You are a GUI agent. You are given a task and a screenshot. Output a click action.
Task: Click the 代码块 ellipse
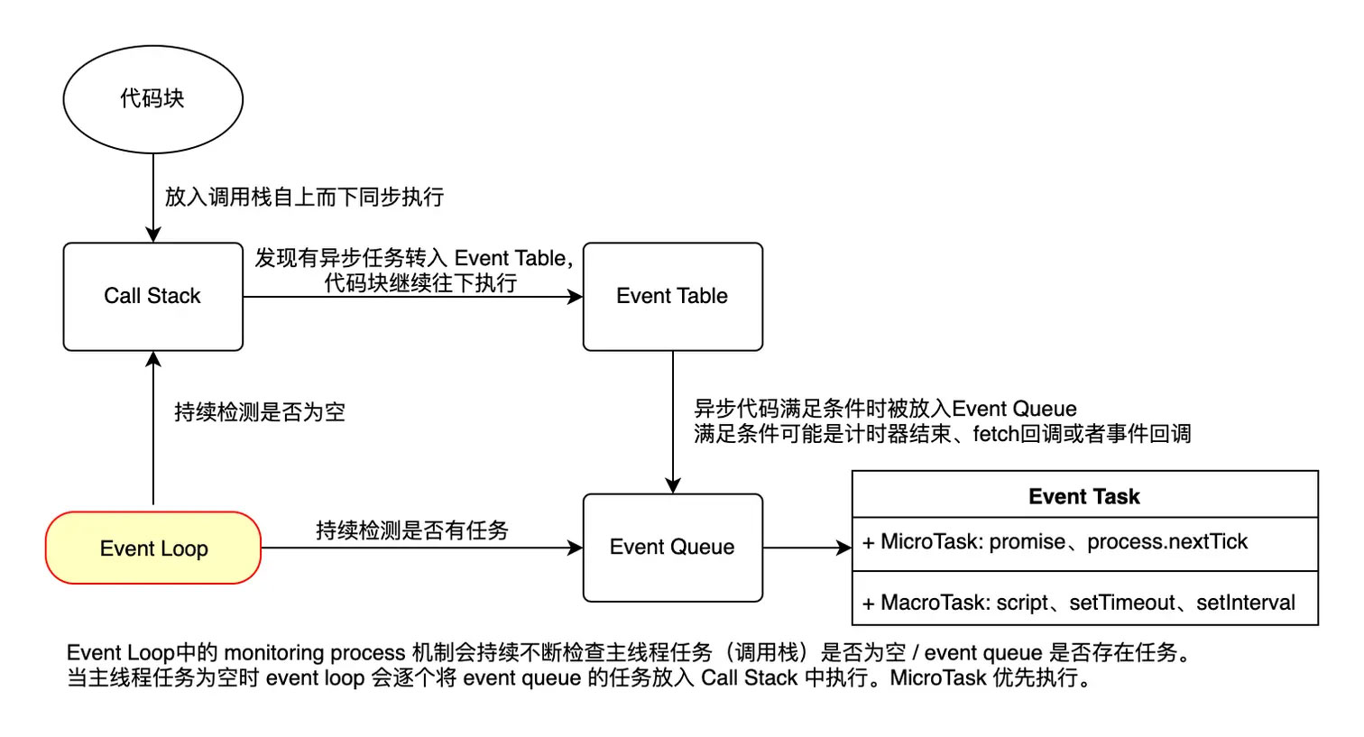pos(152,98)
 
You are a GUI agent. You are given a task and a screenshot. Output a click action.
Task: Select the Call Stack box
pos(152,296)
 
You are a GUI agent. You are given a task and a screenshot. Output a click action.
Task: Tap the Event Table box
pos(672,296)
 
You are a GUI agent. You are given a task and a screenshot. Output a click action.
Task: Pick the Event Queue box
pos(672,547)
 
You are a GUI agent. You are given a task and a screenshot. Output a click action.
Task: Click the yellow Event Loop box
pos(153,548)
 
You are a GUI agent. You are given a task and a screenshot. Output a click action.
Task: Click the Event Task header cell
pos(1084,496)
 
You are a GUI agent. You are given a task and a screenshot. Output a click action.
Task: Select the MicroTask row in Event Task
pos(1084,543)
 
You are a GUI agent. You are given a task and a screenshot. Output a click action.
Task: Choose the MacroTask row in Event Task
pos(1084,601)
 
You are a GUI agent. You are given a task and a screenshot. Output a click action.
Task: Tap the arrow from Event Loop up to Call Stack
pos(153,428)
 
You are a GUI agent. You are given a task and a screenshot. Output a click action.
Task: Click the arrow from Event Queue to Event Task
pos(807,548)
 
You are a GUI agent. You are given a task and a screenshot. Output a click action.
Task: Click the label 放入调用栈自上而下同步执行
pos(304,197)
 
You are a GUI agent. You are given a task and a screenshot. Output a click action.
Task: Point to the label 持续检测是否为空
pos(260,412)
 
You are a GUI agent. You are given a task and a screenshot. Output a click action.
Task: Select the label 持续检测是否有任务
pos(412,530)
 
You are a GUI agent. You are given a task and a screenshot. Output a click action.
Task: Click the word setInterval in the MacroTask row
pos(1245,603)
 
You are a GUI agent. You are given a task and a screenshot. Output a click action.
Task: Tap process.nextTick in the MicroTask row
pos(1166,542)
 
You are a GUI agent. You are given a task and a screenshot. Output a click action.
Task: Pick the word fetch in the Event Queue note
pos(996,434)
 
